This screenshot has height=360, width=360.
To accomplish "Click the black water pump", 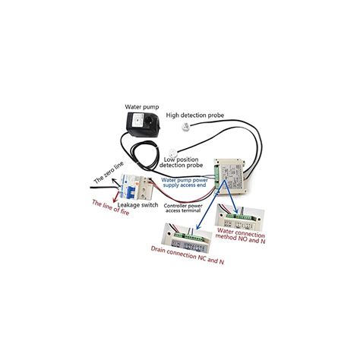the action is point(143,125).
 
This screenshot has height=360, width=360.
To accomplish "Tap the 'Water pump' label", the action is point(142,107).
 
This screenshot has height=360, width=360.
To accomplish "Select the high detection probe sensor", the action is point(186,126).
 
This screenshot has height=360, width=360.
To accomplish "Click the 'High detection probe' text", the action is point(195,115).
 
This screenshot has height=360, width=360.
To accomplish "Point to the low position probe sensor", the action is point(173,153).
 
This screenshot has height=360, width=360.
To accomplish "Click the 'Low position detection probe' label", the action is point(181,163).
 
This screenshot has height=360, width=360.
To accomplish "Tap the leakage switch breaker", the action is point(136,187).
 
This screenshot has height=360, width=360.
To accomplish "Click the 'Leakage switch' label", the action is point(138,205).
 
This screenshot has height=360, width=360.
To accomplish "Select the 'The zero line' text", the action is point(109,172).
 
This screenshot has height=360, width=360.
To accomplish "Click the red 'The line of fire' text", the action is point(111,207).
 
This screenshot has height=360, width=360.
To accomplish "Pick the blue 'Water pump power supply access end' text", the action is point(185,182).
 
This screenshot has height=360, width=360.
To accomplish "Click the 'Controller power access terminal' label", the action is point(183,208).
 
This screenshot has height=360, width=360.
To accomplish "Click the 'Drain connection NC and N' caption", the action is point(188,255).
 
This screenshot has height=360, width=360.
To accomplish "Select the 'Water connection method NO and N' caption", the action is point(241,235).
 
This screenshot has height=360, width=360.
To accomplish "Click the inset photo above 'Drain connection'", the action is point(187,238).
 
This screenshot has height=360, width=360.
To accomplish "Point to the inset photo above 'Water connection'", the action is point(239,217).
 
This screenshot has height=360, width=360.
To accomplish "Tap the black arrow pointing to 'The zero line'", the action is point(115,182).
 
